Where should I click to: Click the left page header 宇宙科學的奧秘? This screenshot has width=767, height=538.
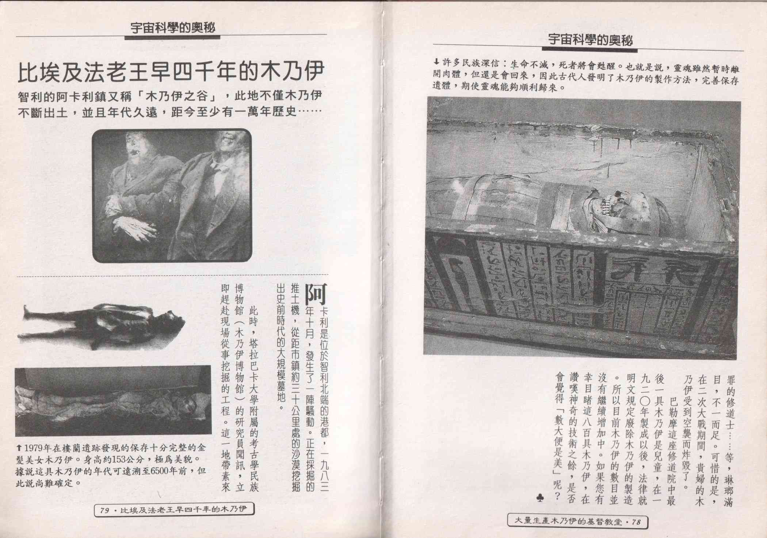pos(173,28)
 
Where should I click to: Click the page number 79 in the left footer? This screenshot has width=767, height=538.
pos(105,510)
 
